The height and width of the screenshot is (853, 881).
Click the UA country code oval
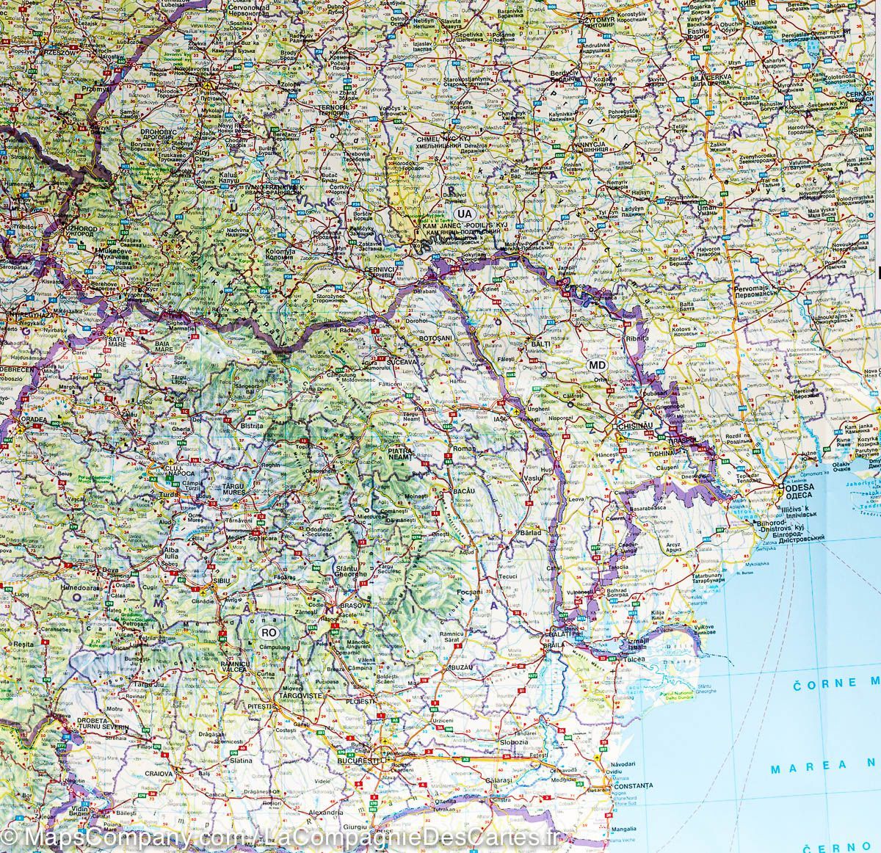click(463, 214)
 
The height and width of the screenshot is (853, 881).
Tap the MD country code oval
click(597, 366)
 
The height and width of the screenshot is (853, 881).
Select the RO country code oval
click(269, 630)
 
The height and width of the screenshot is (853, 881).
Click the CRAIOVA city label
click(158, 773)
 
